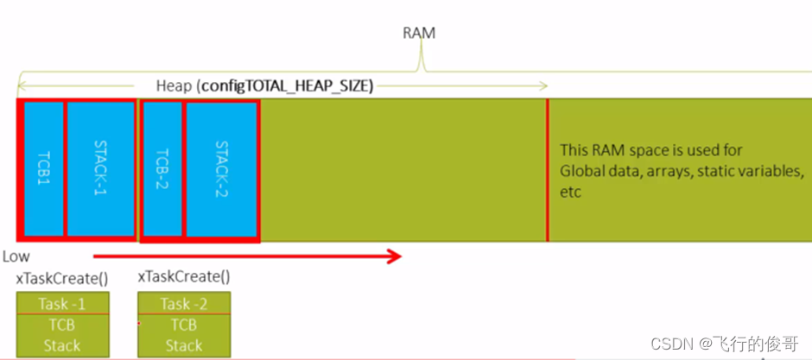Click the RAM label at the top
(419, 33)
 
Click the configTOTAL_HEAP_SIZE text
(286, 86)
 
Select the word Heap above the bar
(174, 86)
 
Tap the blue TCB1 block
(43, 169)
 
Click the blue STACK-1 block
(100, 169)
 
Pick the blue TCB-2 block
(162, 169)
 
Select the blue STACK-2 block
(221, 169)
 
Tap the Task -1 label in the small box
(62, 304)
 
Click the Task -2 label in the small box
(184, 304)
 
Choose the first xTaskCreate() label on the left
(61, 277)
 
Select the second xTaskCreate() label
(184, 277)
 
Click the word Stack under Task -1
(62, 346)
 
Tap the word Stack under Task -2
(184, 346)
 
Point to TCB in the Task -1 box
(62, 325)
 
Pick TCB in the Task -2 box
(184, 325)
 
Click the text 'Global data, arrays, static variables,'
(682, 171)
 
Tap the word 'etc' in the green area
(570, 192)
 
